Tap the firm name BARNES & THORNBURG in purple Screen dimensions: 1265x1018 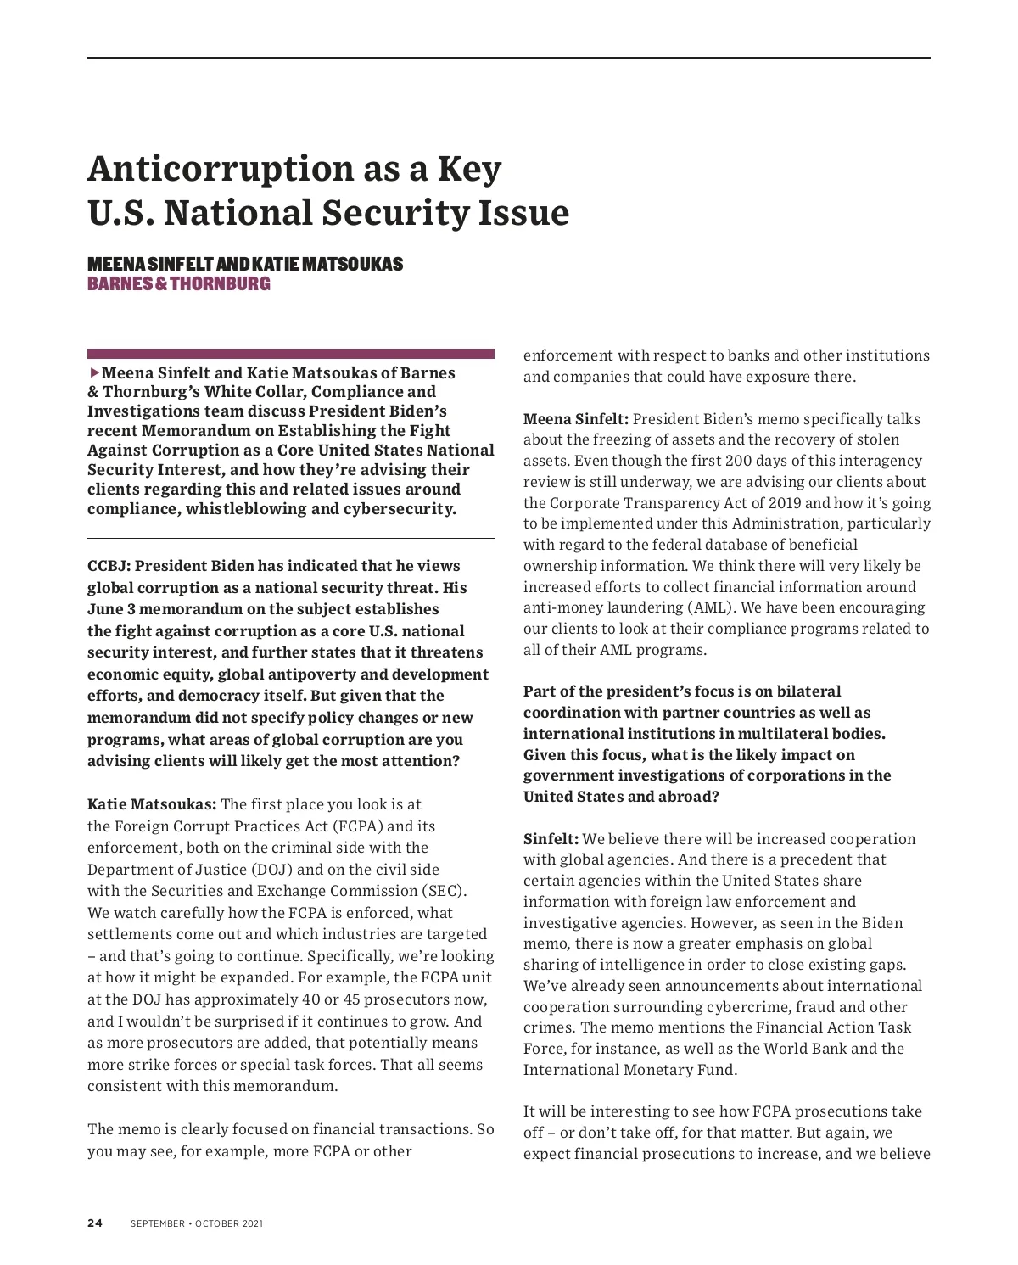[x=179, y=283]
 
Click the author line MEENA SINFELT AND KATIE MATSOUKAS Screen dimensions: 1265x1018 [x=245, y=264]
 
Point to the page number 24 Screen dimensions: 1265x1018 [x=95, y=1223]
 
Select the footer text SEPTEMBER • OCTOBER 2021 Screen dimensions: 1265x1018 [x=197, y=1223]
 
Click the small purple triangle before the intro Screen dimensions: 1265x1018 [x=94, y=372]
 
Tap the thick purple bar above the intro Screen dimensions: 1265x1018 [x=291, y=353]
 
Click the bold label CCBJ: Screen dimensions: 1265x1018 [x=109, y=566]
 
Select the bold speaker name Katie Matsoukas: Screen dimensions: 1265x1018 [x=153, y=804]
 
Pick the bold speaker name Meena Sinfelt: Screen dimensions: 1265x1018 [x=576, y=419]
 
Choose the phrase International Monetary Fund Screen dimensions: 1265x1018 [x=629, y=1070]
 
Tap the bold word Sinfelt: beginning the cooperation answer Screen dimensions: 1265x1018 [x=551, y=839]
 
